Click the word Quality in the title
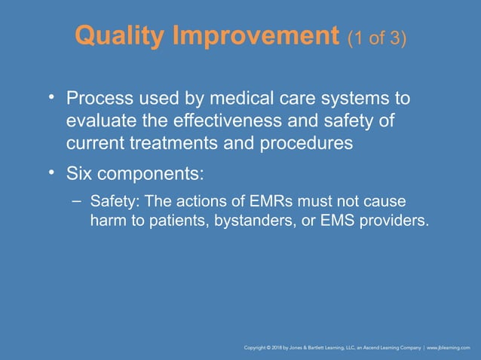click(121, 36)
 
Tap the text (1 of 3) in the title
click(378, 38)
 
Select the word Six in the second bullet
click(78, 174)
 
